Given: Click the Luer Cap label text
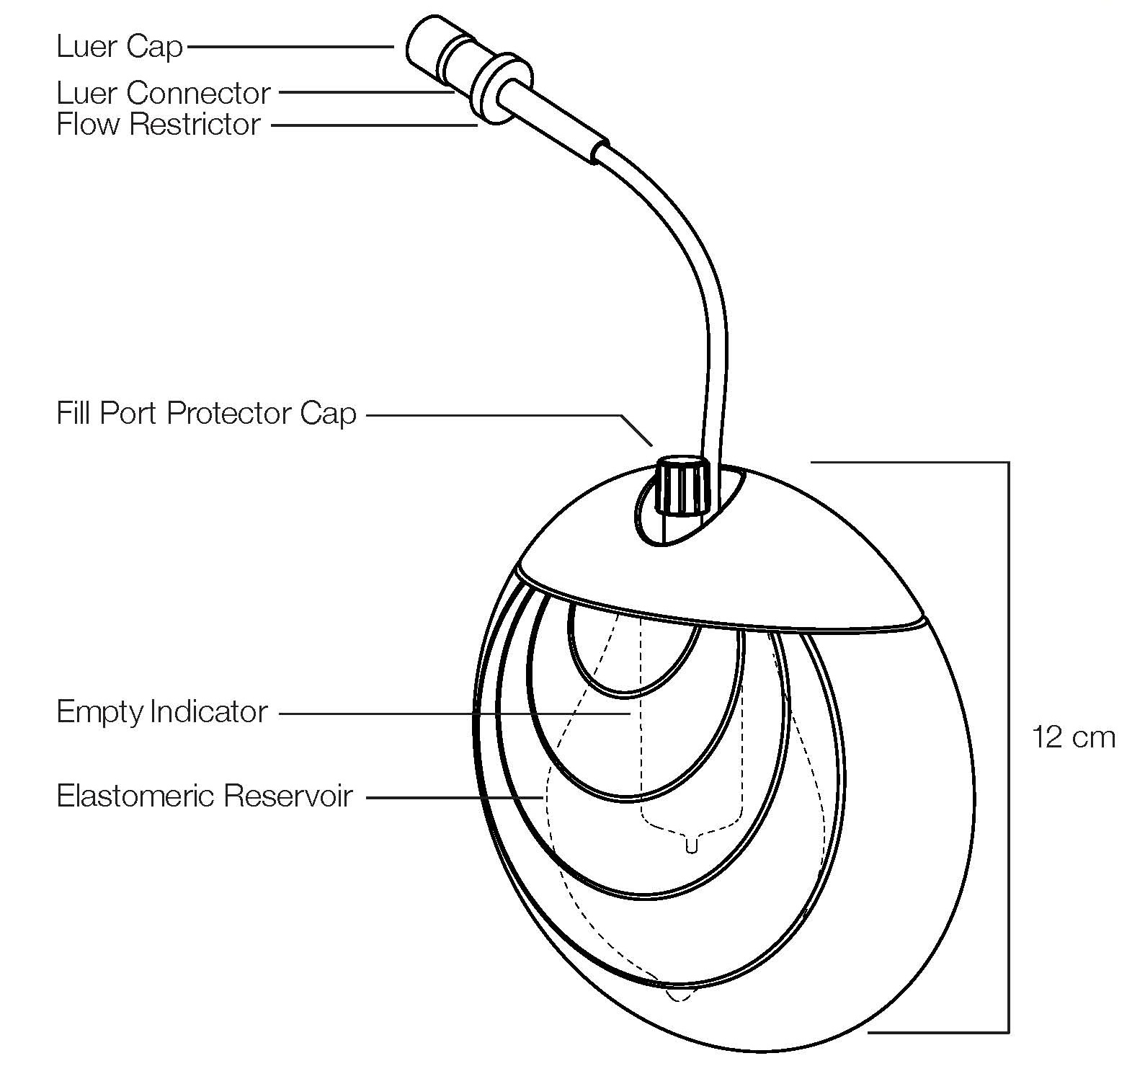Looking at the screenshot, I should tap(119, 47).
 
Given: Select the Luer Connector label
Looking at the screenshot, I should tap(164, 93).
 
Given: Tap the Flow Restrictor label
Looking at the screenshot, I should tap(158, 125).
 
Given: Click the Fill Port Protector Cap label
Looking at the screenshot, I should tap(206, 414).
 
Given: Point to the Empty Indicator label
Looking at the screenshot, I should tap(162, 712).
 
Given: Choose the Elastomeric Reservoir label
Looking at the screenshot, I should tap(205, 796).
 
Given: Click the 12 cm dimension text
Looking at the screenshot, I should tap(1073, 737).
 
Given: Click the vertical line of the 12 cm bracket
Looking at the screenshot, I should tap(1008, 742).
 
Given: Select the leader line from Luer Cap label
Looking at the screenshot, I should tap(288, 47).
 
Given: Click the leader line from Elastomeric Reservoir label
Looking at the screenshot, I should tap(454, 797).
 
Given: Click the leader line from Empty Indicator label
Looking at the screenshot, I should tap(454, 714).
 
